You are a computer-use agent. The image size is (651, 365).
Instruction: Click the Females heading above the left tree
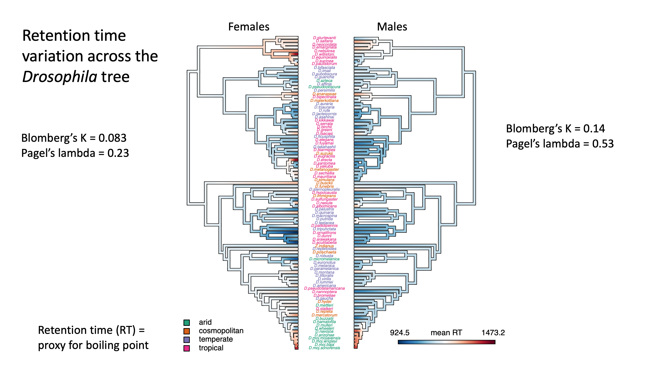(249, 27)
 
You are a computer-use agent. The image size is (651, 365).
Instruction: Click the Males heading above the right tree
(392, 27)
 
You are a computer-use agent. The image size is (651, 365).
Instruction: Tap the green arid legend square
(187, 323)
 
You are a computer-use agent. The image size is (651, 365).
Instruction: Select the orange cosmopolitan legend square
(187, 331)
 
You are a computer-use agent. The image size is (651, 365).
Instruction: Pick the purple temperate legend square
(187, 340)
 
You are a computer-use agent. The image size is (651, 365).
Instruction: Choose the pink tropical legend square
(187, 348)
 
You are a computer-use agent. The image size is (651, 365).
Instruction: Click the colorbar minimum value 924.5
(399, 333)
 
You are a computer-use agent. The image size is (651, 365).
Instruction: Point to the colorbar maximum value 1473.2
(493, 333)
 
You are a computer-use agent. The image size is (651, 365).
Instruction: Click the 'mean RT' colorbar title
(446, 333)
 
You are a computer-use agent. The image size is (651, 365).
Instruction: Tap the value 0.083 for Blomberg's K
(112, 138)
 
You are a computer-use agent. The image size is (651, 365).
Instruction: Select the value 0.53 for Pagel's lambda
(603, 144)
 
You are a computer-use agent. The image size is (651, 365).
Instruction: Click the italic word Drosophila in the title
(60, 77)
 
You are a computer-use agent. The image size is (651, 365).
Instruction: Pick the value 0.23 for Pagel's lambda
(118, 153)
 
